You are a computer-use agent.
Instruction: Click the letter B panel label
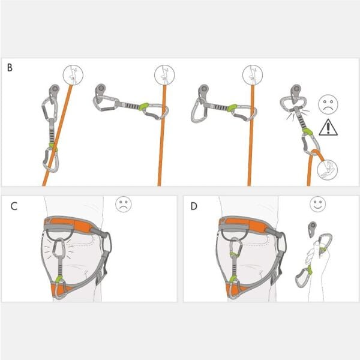click(10, 67)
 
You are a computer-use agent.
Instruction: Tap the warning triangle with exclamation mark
click(328, 127)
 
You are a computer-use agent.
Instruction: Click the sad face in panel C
click(124, 205)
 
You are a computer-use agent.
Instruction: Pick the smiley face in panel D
click(317, 205)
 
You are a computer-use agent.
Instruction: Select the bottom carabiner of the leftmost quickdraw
click(52, 160)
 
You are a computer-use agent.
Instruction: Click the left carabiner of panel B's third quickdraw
click(199, 106)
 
